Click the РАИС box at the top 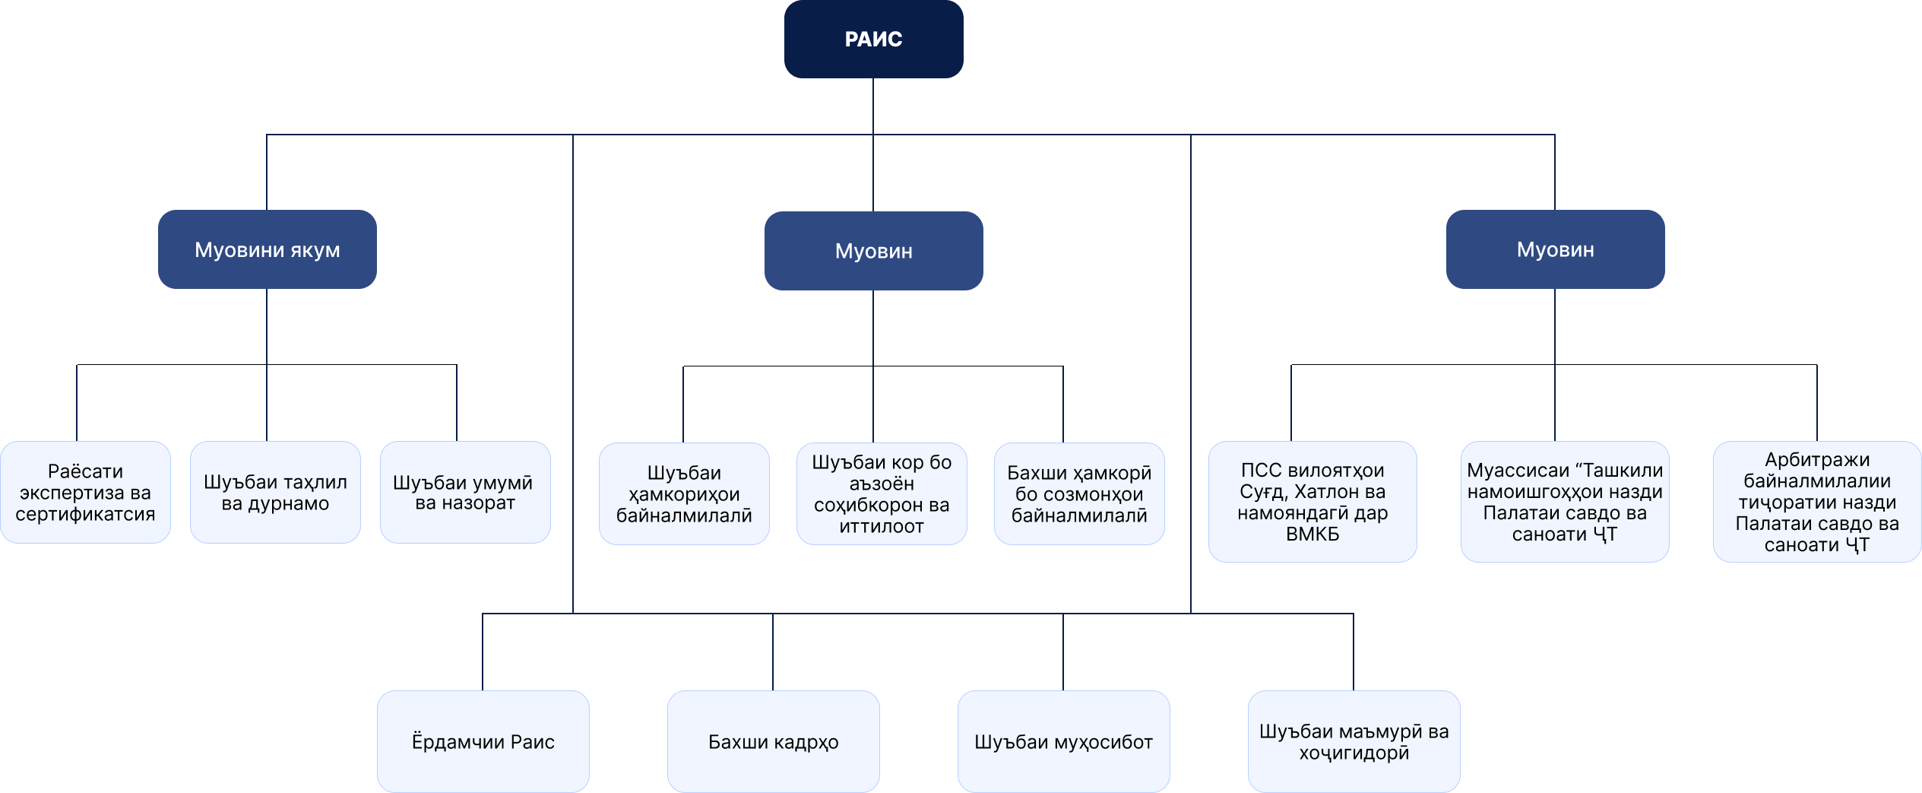(873, 39)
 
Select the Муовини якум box (267, 249)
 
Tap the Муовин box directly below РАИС (873, 251)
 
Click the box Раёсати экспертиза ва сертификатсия (85, 492)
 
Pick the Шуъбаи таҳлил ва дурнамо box (275, 492)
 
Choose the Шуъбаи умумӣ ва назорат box (465, 492)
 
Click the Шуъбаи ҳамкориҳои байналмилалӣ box (684, 493)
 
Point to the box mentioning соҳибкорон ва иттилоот (882, 493)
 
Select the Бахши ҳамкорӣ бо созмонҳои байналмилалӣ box (1079, 493)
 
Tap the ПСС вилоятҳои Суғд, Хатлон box (1312, 502)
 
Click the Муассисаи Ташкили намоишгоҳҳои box (1565, 502)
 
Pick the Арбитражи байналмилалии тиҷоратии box (1817, 502)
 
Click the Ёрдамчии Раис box (483, 741)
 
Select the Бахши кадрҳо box (773, 741)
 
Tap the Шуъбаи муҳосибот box (1063, 741)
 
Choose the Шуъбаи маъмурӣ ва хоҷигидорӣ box (1354, 741)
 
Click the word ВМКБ (1312, 534)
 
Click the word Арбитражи (1817, 459)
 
